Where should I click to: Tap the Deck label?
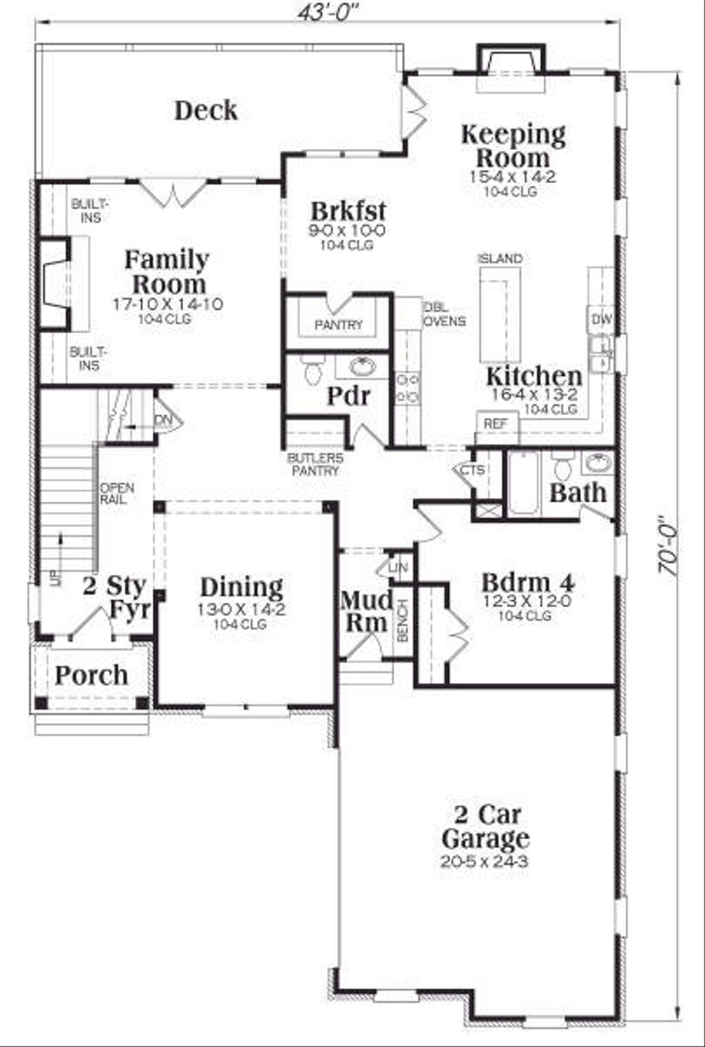205,110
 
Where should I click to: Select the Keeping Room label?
512,145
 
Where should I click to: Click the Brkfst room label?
348,211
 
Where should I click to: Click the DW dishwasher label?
602,319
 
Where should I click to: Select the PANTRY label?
338,324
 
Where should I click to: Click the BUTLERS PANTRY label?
315,465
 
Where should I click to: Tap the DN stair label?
163,420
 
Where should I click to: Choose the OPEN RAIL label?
116,494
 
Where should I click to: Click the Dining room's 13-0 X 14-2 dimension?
241,609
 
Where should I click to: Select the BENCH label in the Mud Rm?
403,620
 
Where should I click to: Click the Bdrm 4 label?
527,583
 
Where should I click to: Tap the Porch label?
91,675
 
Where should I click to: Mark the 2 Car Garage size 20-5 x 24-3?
485,861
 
